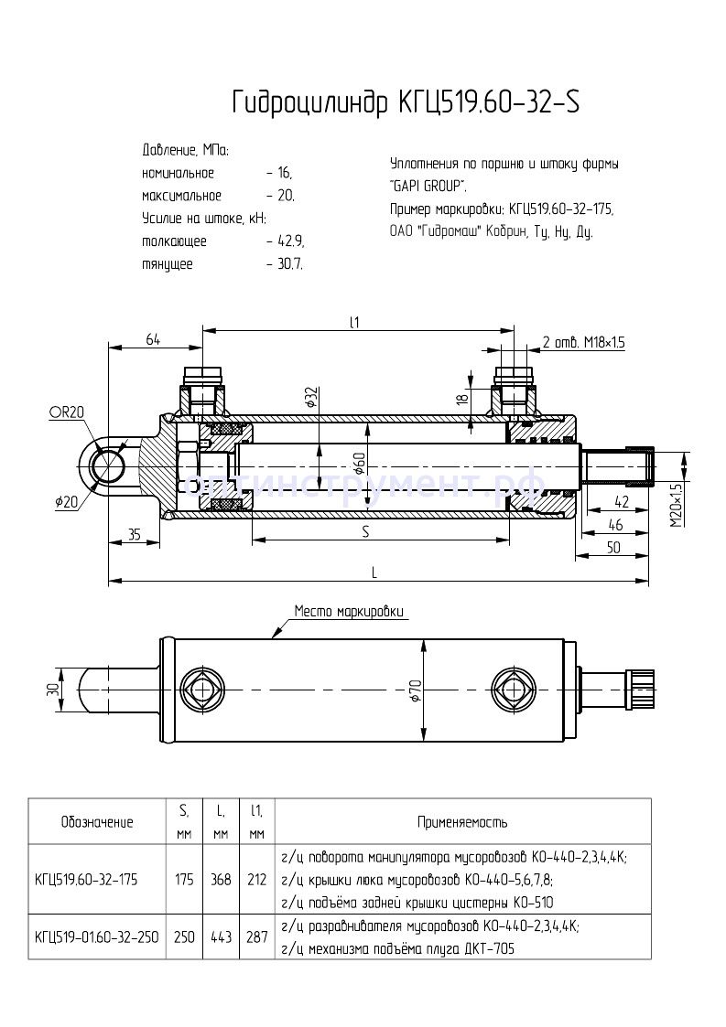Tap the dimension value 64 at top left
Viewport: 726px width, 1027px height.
(152, 339)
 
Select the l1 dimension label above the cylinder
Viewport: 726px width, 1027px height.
(355, 321)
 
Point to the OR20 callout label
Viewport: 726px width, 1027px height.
(66, 412)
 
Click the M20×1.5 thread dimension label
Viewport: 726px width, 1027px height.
(677, 506)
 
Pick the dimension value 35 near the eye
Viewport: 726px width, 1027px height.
(134, 534)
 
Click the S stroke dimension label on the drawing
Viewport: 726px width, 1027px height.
(365, 531)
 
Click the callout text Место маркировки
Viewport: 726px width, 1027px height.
(348, 611)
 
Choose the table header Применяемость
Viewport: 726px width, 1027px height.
(462, 822)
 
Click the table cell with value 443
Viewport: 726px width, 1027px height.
(220, 936)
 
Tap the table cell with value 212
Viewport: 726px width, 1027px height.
(256, 880)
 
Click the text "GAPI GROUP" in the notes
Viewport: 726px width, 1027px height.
(428, 187)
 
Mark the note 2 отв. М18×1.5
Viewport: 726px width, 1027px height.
(584, 343)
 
